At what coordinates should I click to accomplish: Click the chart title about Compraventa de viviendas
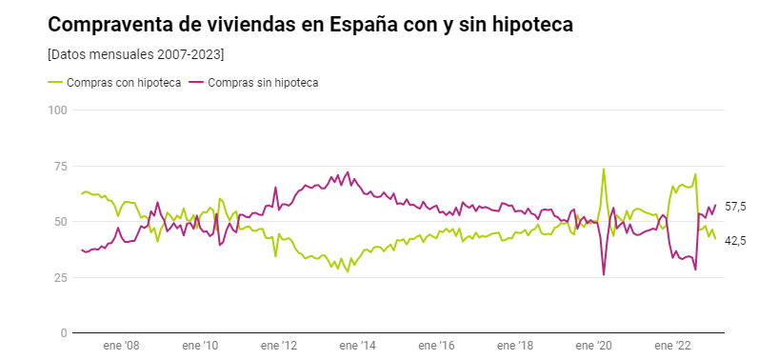pos(310,25)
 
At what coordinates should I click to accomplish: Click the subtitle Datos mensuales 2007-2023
pos(135,54)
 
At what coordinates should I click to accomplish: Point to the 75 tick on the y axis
pos(60,167)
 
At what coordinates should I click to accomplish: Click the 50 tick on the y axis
pos(60,222)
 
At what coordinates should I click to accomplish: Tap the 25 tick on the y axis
pos(60,277)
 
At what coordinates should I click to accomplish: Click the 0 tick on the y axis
pos(64,333)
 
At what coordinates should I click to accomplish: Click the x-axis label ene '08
pos(121,348)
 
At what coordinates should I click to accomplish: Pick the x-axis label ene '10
pos(200,348)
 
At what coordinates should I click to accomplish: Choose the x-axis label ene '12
pos(278,348)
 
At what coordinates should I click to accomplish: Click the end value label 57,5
pos(735,207)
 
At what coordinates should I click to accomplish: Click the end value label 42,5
pos(735,241)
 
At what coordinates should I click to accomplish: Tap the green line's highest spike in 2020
pos(604,170)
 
